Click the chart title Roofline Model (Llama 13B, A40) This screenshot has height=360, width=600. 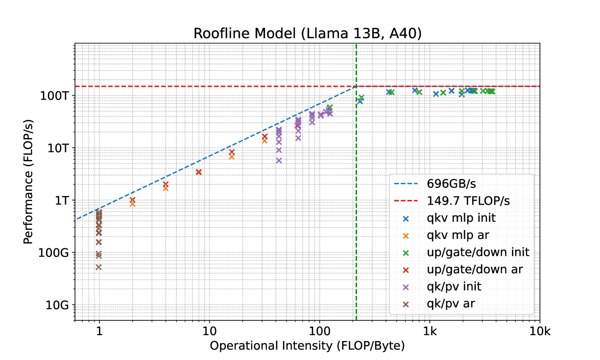[x=307, y=33]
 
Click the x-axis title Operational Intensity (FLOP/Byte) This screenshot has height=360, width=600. [x=307, y=346]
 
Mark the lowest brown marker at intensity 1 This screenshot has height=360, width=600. [x=99, y=267]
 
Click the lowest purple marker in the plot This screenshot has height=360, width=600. [x=279, y=160]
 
